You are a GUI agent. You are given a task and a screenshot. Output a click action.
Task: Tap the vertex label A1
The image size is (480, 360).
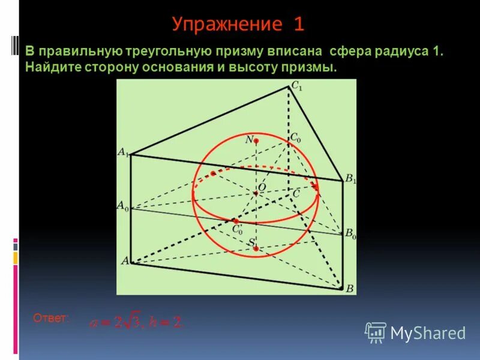pos(122,153)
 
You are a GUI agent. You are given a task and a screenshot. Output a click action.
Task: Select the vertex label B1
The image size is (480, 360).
pos(350,179)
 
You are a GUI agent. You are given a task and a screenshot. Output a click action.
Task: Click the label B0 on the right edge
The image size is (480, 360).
pos(350,235)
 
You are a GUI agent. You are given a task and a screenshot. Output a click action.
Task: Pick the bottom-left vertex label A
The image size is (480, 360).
pos(125,261)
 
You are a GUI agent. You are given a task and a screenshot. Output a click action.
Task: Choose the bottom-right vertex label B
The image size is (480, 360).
pos(350,289)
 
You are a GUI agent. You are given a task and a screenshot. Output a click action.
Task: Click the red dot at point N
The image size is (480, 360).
pos(256,141)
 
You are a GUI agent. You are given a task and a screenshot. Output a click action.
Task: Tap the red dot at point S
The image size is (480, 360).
pos(256,248)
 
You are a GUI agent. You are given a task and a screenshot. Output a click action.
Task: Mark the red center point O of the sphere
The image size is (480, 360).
pos(254,192)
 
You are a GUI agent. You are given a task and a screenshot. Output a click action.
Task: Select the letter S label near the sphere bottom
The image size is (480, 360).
pos(251,241)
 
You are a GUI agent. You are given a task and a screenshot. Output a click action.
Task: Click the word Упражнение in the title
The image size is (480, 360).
pos(226,24)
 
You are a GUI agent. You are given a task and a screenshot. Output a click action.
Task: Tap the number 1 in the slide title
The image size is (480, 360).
pos(299,24)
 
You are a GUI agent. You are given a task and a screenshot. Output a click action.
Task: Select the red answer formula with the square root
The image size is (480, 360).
pos(136,323)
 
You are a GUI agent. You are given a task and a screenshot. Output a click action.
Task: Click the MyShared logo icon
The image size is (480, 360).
pos(376,332)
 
